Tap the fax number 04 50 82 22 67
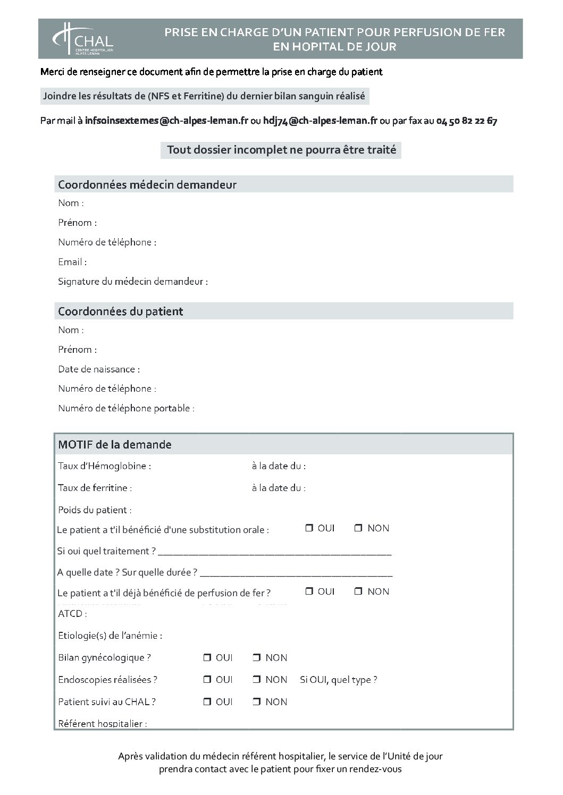(x=466, y=121)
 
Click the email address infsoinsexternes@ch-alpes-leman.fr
(x=166, y=121)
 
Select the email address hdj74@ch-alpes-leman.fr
(x=320, y=121)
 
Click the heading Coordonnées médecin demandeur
(x=147, y=185)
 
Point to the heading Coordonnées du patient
(x=121, y=311)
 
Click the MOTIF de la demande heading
(x=115, y=444)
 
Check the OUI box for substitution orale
(x=309, y=528)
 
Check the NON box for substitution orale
(x=358, y=528)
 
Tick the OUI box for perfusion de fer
(x=309, y=591)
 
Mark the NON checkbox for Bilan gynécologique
(x=256, y=658)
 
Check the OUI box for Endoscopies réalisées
(x=207, y=680)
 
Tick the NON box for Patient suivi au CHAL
(x=256, y=702)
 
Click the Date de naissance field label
(x=99, y=369)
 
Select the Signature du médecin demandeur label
(x=133, y=282)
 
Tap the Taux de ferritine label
(x=95, y=488)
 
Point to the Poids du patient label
(x=95, y=510)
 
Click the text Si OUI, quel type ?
(x=339, y=680)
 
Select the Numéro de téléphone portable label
(x=126, y=409)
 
